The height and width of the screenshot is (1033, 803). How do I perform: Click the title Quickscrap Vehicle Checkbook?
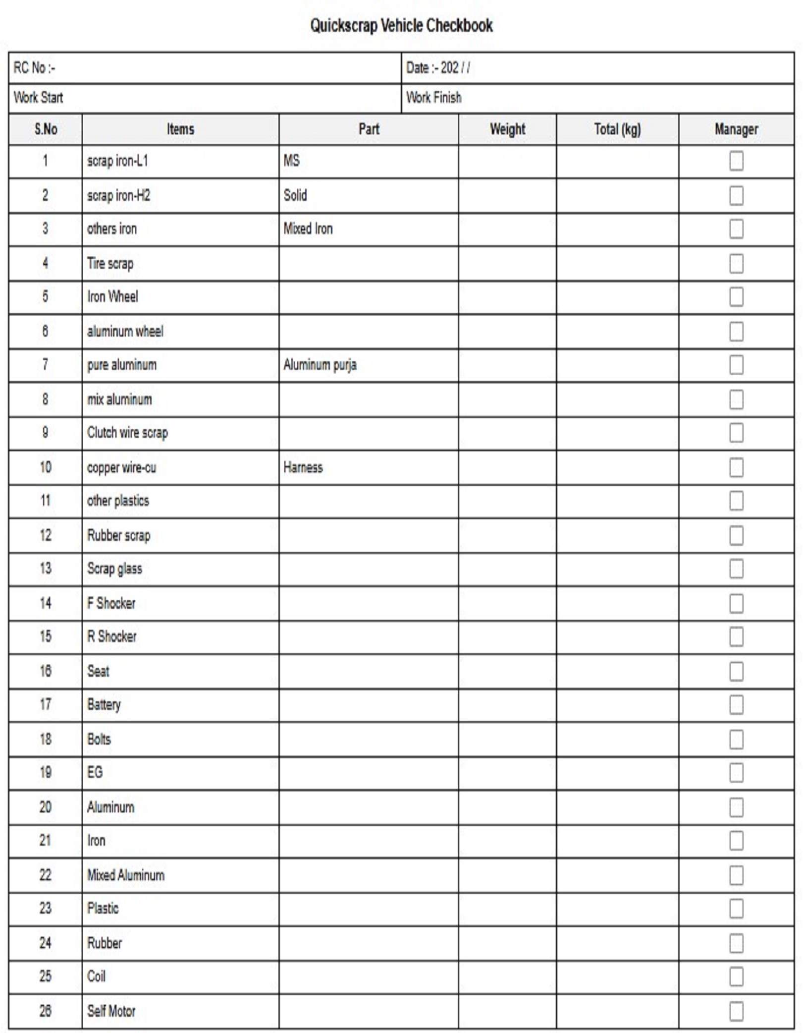tap(401, 25)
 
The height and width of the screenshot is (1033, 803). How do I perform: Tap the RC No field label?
tap(34, 68)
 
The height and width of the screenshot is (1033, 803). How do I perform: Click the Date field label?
tap(438, 68)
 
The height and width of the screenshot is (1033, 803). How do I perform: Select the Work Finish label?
tap(433, 98)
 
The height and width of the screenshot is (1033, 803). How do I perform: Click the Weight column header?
tap(507, 129)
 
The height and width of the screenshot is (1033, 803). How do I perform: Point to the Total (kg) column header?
tap(617, 129)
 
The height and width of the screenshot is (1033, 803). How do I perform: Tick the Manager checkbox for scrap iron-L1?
tap(736, 161)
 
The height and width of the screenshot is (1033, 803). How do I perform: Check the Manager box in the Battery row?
tap(736, 705)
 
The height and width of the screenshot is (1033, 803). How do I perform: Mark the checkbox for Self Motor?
tap(736, 1011)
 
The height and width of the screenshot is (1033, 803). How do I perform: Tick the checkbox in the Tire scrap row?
tap(736, 264)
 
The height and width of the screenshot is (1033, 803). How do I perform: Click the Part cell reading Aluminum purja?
tap(320, 365)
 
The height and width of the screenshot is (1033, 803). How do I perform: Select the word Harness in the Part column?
tap(303, 467)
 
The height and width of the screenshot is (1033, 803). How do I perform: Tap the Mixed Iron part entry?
tap(308, 229)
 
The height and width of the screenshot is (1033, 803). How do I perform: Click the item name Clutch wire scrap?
tap(127, 433)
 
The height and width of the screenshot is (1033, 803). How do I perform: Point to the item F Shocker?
tap(111, 603)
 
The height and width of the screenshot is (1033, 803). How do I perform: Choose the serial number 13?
tap(45, 569)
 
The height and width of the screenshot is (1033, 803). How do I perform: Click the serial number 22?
tap(45, 875)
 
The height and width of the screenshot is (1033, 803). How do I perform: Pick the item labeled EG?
tap(95, 772)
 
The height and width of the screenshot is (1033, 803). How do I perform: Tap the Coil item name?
tap(96, 976)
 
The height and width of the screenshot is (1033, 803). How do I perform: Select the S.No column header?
tap(46, 129)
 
